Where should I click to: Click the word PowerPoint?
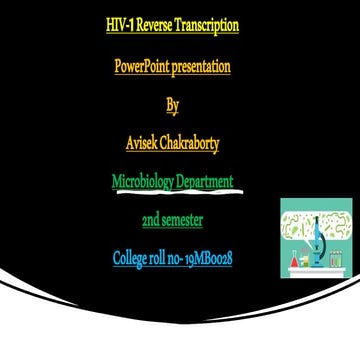pos(142,67)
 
